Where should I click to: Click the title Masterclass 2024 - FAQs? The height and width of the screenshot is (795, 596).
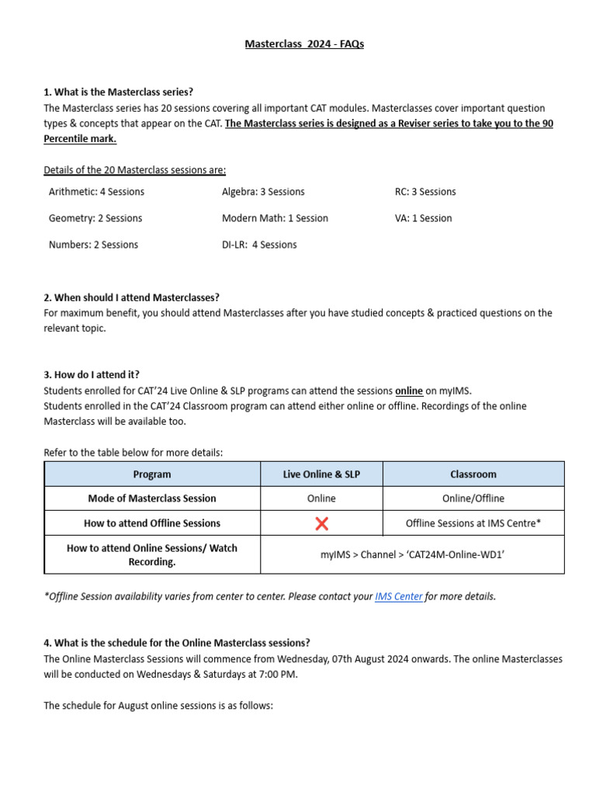tap(304, 44)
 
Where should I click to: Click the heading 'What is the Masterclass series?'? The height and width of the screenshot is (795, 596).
tap(118, 92)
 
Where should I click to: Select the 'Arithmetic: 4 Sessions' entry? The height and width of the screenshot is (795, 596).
tap(96, 192)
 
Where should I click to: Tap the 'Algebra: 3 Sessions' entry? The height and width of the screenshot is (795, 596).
tap(263, 192)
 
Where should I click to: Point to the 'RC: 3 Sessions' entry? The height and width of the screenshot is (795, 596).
tap(425, 192)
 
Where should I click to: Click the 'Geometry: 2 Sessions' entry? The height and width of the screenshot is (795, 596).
tap(95, 218)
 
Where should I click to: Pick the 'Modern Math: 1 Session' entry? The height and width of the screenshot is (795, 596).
tap(275, 218)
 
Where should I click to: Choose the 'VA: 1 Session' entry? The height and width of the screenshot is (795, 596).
tap(423, 218)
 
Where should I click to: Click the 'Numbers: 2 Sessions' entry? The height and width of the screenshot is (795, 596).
tap(93, 245)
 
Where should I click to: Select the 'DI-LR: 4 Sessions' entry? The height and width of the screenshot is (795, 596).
tap(259, 245)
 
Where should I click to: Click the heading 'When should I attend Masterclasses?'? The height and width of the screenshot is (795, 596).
tap(131, 297)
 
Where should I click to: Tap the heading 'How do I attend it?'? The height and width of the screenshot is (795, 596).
tap(92, 374)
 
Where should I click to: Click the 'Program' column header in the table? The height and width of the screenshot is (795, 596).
tap(152, 474)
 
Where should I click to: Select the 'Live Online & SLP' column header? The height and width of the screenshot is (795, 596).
tap(321, 474)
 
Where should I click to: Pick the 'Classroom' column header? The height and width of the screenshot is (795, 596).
tap(473, 474)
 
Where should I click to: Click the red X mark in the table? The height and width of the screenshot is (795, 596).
tap(321, 524)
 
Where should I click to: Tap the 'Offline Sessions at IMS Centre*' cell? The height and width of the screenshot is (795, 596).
tap(473, 523)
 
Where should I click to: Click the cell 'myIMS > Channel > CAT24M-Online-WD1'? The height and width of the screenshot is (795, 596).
tap(412, 554)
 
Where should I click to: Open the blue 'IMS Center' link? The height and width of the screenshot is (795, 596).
tap(398, 596)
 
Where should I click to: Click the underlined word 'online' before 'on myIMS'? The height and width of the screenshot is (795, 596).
tap(409, 391)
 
